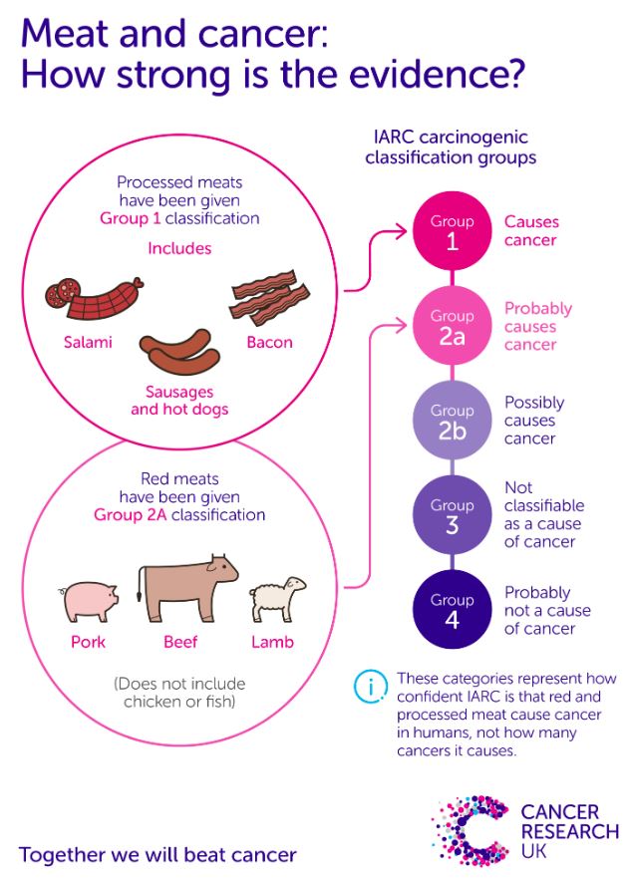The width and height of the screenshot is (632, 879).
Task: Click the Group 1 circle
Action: (x=452, y=231)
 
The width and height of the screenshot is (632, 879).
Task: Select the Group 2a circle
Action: (x=452, y=326)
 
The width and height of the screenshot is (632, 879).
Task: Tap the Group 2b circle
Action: (x=452, y=420)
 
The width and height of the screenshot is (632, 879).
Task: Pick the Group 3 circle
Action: (x=452, y=514)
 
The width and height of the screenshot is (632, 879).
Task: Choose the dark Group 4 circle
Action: (x=452, y=609)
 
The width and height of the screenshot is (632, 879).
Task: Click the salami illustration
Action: (x=93, y=298)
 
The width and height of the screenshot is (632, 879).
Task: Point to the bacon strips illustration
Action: (x=269, y=297)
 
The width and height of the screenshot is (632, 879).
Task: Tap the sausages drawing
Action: (x=179, y=352)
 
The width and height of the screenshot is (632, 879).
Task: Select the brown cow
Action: (x=186, y=588)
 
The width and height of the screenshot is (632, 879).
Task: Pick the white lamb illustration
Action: (x=277, y=599)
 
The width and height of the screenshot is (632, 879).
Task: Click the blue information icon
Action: (x=371, y=686)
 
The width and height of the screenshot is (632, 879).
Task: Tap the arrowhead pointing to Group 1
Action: (x=401, y=231)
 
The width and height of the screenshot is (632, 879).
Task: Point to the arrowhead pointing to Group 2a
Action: (x=401, y=326)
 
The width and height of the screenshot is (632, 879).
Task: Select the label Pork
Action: (x=88, y=642)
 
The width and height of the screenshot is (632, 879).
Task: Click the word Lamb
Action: (x=272, y=642)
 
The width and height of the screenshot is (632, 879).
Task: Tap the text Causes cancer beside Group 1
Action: (x=531, y=231)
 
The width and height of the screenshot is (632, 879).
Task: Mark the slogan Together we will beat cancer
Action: (x=158, y=855)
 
